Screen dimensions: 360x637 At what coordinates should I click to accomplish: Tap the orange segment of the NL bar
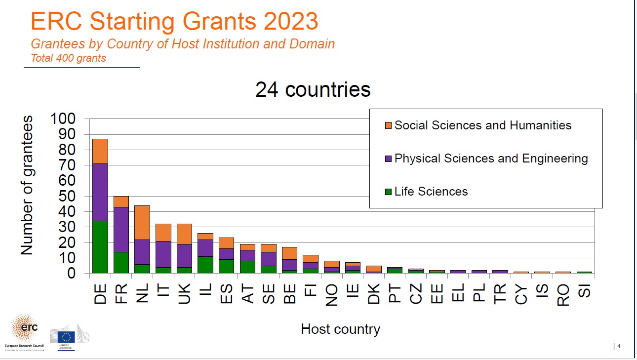[142, 222]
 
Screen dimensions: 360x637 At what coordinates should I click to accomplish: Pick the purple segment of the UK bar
[184, 255]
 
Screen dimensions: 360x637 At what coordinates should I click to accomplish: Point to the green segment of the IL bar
[205, 265]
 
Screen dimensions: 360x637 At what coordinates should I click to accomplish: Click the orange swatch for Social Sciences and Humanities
[388, 125]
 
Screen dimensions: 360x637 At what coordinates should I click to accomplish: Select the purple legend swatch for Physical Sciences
[388, 159]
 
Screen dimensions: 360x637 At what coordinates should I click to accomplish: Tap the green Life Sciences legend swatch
[388, 192]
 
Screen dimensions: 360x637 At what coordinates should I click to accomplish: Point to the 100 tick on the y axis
[63, 119]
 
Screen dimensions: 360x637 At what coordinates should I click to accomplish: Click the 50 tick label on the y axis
[68, 196]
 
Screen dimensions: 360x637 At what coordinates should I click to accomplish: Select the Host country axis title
[340, 329]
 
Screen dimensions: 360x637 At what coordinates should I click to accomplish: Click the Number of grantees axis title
[27, 185]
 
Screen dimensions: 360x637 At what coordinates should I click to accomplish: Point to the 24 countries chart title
[313, 89]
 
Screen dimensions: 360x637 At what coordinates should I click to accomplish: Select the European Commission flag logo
[66, 337]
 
